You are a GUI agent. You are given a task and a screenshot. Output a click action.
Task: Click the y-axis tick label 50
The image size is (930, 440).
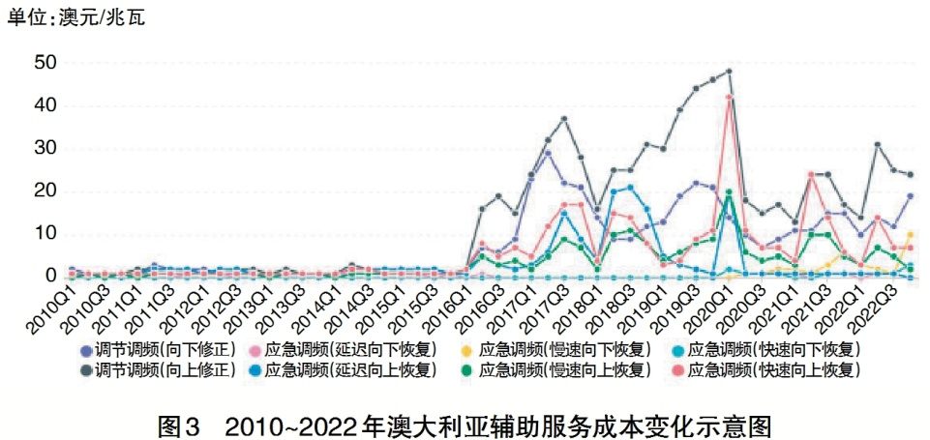[x=45, y=63]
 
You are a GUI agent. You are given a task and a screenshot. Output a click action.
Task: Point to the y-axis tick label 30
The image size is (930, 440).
[x=45, y=148]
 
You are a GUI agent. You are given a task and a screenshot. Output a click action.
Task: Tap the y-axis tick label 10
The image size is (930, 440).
[x=45, y=233]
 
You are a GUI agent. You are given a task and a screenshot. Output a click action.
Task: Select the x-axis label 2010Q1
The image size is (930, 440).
[x=47, y=307]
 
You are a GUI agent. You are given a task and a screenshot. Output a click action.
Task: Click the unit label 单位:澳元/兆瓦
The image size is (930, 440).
[x=75, y=16]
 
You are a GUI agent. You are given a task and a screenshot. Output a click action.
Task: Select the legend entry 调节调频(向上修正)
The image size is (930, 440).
[x=157, y=368]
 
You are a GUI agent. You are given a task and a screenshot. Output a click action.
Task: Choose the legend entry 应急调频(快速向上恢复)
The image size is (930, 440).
[x=779, y=368]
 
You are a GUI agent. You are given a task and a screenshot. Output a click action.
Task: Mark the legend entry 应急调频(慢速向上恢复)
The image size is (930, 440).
[x=563, y=368]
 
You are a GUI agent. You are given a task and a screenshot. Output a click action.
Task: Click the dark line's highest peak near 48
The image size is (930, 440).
[x=729, y=72]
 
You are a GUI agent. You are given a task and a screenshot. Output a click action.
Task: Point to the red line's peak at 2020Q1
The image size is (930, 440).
[x=729, y=97]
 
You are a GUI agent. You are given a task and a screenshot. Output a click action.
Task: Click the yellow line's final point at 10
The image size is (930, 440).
[x=910, y=234]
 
